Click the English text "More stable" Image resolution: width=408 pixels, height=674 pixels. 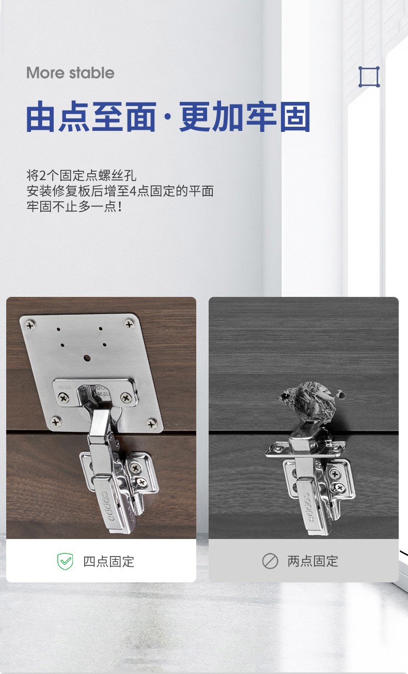pyautogui.click(x=70, y=73)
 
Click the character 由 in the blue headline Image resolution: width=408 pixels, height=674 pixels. pyautogui.click(x=41, y=116)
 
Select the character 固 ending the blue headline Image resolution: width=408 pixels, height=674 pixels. pyautogui.click(x=295, y=116)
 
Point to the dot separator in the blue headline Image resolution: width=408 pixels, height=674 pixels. pyautogui.click(x=168, y=117)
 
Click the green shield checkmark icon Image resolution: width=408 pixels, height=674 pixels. pyautogui.click(x=65, y=561)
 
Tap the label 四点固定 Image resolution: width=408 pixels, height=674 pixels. pyautogui.click(x=108, y=561)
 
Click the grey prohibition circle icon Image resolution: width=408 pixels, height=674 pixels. pyautogui.click(x=270, y=561)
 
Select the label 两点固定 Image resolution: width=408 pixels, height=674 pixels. pyautogui.click(x=313, y=561)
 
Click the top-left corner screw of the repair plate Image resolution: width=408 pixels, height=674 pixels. pyautogui.click(x=30, y=325)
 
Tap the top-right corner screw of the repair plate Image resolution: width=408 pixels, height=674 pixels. pyautogui.click(x=129, y=324)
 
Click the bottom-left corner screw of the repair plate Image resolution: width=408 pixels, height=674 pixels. pyautogui.click(x=56, y=421)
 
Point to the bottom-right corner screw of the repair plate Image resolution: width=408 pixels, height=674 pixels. pyautogui.click(x=151, y=423)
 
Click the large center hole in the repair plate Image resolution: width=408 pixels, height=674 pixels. pyautogui.click(x=87, y=358)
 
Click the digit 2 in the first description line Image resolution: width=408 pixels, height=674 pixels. pyautogui.click(x=43, y=175)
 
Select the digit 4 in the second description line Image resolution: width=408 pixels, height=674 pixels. pyautogui.click(x=133, y=191)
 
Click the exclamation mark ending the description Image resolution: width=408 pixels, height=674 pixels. pyautogui.click(x=120, y=206)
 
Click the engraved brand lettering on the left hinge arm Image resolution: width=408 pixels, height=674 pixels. pyautogui.click(x=107, y=506)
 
